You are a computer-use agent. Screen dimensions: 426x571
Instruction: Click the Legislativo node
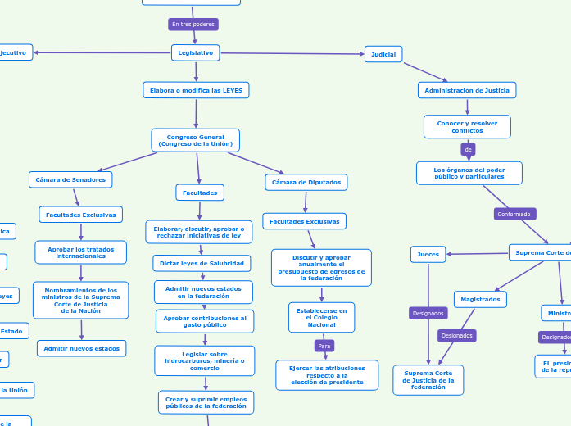[x=195, y=53]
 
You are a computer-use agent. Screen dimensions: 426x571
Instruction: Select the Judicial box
[x=383, y=55]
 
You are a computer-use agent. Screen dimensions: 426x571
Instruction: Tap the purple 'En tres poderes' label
[x=193, y=25]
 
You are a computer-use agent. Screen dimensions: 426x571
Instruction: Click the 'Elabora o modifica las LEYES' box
[x=196, y=90]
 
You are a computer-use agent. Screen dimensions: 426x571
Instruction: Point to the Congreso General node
[x=196, y=140]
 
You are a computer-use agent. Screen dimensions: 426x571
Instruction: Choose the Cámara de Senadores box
[x=70, y=179]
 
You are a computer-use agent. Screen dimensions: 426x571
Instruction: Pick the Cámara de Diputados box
[x=306, y=182]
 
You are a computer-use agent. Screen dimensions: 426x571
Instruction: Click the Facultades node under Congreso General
[x=200, y=193]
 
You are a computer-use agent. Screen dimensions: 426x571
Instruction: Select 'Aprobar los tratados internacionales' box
[x=81, y=252]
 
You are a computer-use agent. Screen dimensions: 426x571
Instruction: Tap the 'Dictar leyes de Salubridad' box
[x=202, y=263]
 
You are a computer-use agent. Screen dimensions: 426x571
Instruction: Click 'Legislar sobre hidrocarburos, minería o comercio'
[x=205, y=360]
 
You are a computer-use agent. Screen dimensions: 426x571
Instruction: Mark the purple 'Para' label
[x=324, y=347]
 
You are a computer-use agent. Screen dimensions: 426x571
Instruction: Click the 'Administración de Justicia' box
[x=467, y=90]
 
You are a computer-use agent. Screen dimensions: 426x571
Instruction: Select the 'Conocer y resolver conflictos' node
[x=467, y=127]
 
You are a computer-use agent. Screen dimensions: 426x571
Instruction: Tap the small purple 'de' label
[x=469, y=150]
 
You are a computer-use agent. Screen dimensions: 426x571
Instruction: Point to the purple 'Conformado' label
[x=514, y=214]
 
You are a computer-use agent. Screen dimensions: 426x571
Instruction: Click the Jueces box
[x=428, y=255]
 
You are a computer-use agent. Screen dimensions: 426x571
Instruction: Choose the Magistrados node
[x=480, y=300]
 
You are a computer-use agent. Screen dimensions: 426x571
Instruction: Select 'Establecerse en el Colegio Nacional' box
[x=321, y=318]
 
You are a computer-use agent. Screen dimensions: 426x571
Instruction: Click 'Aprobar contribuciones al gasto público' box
[x=205, y=321]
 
